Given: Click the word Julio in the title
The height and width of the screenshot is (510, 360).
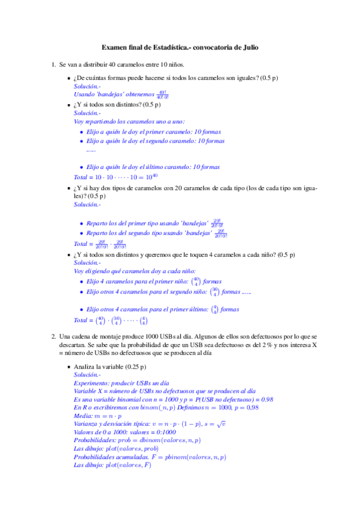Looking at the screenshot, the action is click(248, 46).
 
